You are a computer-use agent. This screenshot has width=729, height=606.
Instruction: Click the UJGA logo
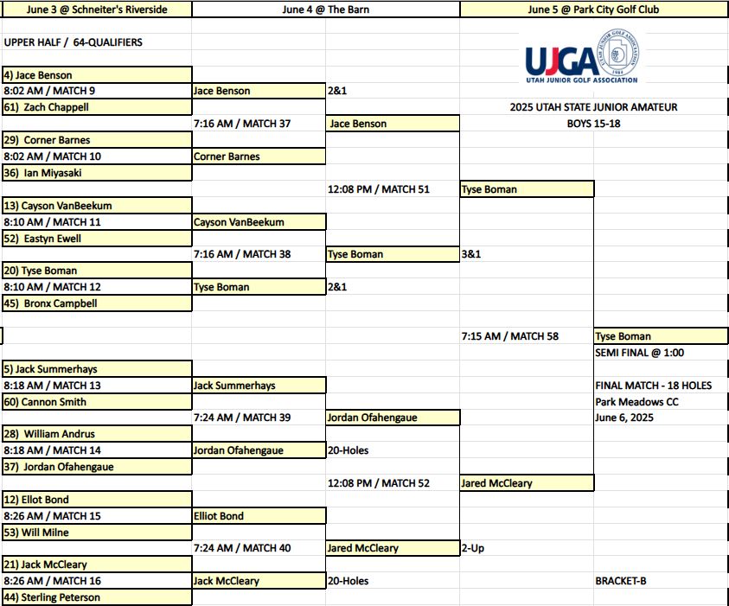(x=582, y=57)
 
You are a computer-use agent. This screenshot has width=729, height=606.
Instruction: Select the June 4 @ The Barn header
(x=325, y=10)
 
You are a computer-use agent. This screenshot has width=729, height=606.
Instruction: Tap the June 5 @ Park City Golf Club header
(x=593, y=10)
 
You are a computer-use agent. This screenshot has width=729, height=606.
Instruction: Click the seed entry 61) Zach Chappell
(x=46, y=107)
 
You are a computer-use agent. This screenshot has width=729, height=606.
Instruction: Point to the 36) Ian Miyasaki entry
(x=42, y=173)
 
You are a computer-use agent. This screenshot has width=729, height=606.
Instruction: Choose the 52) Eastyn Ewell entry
(x=42, y=239)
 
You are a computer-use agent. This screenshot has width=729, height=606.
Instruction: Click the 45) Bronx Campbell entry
(x=50, y=303)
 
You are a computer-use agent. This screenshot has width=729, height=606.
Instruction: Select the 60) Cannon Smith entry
(x=45, y=401)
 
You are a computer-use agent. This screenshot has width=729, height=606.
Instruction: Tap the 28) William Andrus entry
(x=48, y=434)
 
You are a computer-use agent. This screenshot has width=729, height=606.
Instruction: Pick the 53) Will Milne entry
(x=35, y=533)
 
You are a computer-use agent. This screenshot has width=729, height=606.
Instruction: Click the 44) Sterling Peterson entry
(x=52, y=597)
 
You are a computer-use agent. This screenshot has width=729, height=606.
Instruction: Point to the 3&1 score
(x=471, y=254)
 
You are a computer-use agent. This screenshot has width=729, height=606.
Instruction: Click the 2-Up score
(x=473, y=548)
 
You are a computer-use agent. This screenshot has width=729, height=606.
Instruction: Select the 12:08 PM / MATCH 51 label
(x=379, y=189)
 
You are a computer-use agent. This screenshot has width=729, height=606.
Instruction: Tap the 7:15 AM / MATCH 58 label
(x=510, y=336)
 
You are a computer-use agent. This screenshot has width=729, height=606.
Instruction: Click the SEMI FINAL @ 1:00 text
(x=639, y=353)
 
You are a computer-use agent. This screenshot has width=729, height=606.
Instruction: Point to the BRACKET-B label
(x=621, y=581)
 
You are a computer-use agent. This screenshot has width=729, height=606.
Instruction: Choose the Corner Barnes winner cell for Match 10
(x=259, y=156)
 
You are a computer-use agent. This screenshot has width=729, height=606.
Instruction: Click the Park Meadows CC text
(x=636, y=401)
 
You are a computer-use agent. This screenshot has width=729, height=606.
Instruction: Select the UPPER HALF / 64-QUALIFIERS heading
(x=73, y=42)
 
